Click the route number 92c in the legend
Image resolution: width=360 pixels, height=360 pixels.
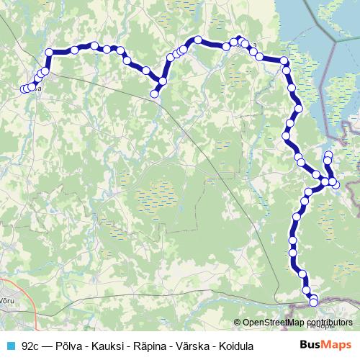tap(30, 346)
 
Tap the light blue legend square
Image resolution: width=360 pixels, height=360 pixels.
tap(9, 346)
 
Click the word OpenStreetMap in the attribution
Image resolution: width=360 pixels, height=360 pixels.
tap(272, 323)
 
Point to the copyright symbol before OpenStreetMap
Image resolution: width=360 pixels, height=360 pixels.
tap(237, 323)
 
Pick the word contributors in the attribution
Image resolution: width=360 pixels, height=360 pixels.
tap(328, 323)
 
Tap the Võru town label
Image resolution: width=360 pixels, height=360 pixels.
tap(6, 299)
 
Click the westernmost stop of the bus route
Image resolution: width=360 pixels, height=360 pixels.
tap(24, 89)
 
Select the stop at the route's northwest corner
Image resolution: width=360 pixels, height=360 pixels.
tap(50, 52)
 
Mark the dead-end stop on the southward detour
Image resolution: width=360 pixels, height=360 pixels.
tap(154, 93)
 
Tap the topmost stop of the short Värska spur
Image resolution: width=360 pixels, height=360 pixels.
tap(328, 156)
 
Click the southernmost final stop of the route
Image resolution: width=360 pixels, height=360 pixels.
tap(313, 299)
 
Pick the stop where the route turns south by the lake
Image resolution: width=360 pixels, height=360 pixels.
tap(284, 62)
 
